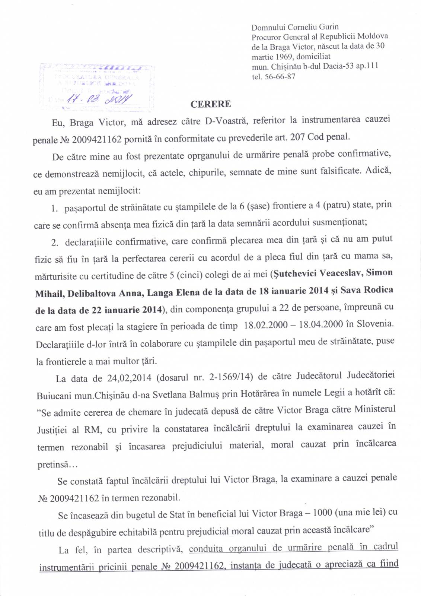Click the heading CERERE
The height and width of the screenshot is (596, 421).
point(211,104)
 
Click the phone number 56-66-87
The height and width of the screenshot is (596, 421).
point(279,76)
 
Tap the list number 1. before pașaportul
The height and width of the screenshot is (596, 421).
point(55,209)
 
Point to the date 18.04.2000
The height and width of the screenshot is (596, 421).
point(321,324)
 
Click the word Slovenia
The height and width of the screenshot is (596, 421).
point(375,323)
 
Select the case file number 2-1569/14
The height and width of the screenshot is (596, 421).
point(231,377)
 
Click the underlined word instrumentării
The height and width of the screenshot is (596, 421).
point(67,567)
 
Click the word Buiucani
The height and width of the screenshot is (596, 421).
point(54,396)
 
